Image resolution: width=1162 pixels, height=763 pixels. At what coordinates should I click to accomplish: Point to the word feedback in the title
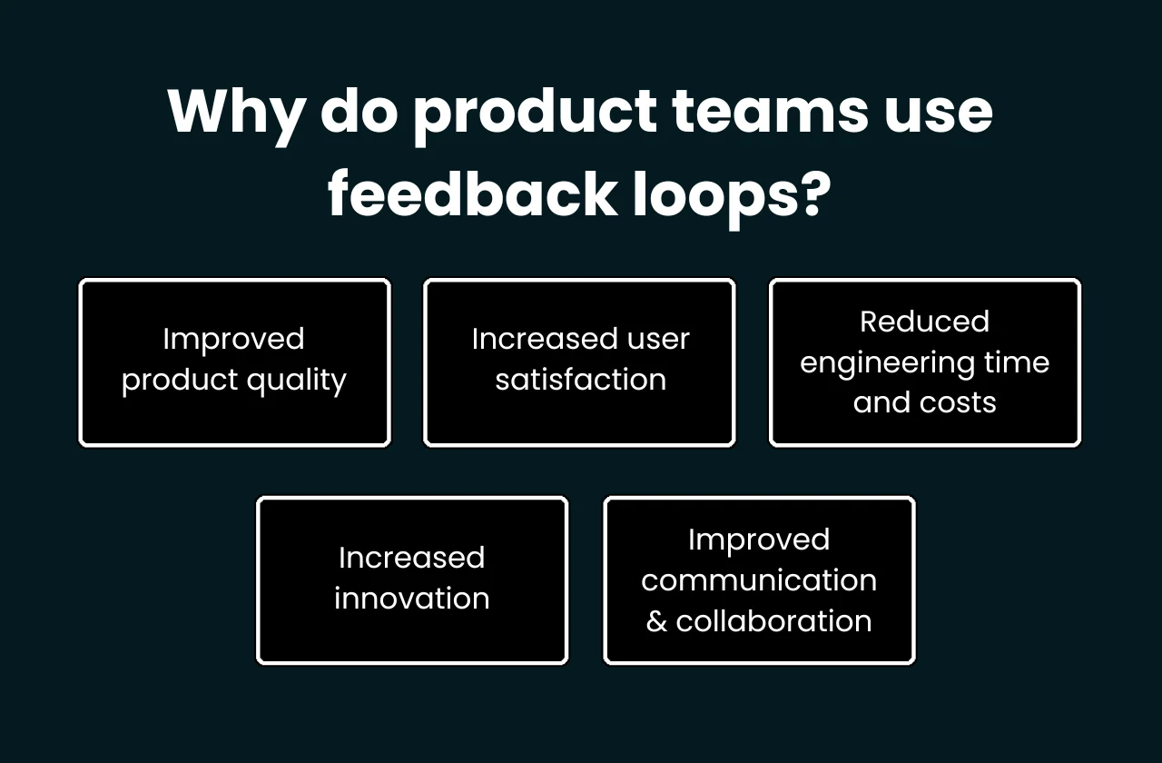point(472,193)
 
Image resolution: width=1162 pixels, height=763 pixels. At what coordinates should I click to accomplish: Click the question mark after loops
point(810,193)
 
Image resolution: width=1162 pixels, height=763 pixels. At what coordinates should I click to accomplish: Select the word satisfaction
point(580,379)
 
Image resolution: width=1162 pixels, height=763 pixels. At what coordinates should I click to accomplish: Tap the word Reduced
point(924,322)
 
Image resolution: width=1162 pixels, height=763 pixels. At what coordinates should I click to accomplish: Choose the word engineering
point(874,363)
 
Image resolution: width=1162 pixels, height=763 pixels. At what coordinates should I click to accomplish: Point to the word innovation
point(411,599)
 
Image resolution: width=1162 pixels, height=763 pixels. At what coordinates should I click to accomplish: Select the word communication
point(759,580)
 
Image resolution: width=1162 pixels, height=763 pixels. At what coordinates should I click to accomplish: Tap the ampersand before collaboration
point(656,621)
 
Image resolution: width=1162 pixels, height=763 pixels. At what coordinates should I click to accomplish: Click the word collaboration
point(773,621)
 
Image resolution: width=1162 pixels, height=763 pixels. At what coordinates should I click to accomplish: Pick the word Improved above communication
point(759,540)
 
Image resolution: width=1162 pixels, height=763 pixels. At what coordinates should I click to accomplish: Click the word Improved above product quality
point(233,339)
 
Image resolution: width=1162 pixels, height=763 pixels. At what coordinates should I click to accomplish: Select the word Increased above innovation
point(411,558)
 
